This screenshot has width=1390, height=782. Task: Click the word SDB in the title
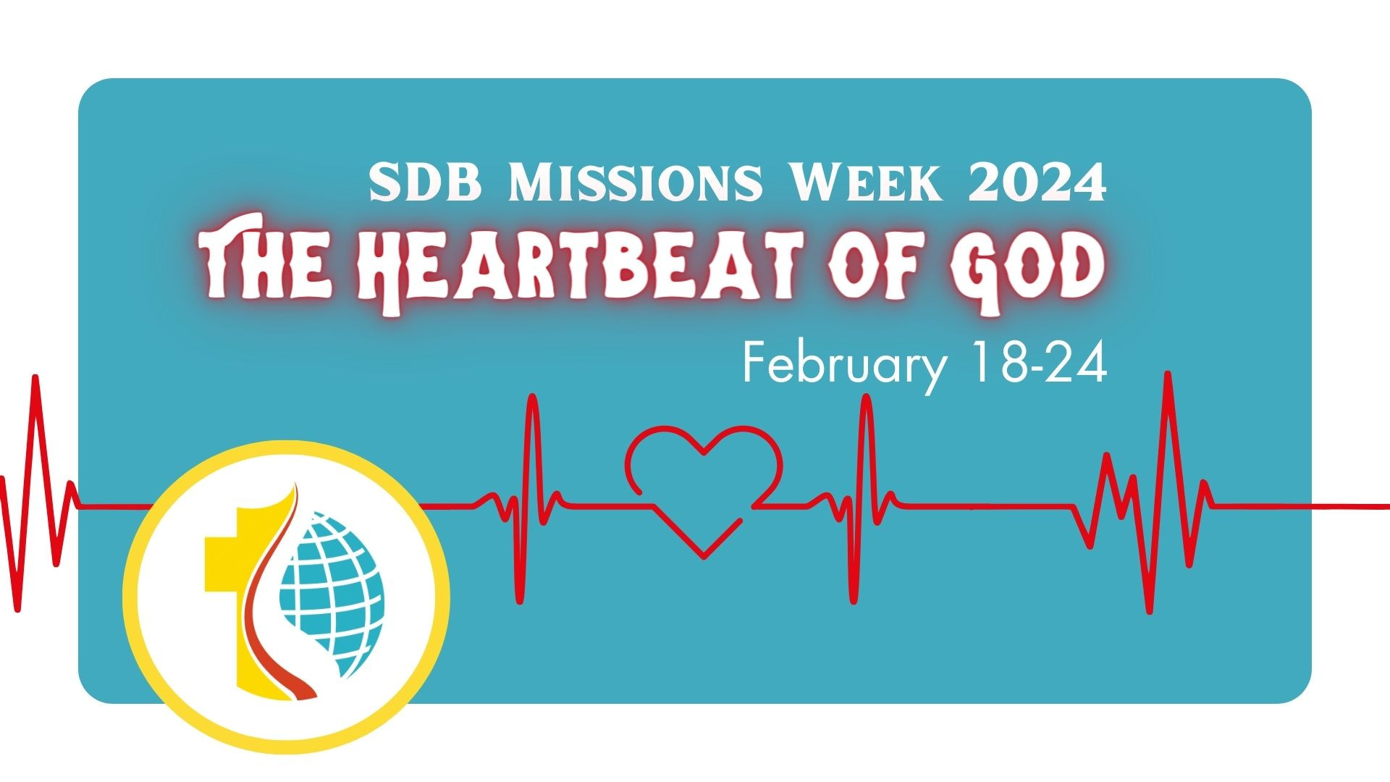425,184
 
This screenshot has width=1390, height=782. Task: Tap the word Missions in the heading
635,184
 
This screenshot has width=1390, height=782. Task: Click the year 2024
1037,184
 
